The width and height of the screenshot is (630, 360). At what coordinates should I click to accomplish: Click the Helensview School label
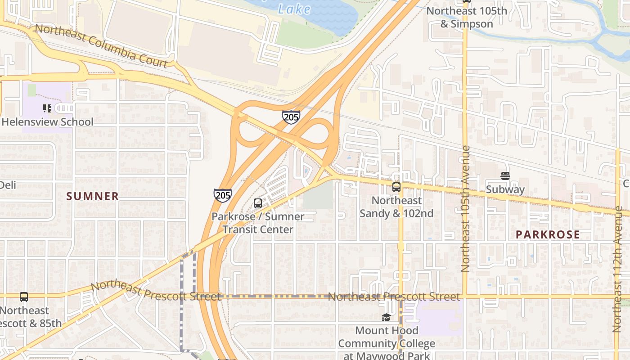[48, 122]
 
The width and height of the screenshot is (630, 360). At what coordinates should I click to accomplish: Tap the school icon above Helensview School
[47, 108]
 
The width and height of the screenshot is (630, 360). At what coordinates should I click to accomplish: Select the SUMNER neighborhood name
[93, 196]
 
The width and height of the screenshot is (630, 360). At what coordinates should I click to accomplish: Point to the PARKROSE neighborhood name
[548, 234]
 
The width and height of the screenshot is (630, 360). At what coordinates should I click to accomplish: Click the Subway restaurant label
[505, 189]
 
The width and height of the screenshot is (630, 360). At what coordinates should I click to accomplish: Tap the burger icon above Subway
[505, 176]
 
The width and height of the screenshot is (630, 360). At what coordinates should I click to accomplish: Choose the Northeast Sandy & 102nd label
[396, 207]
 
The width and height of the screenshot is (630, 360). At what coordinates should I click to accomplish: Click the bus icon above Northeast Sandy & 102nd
[396, 187]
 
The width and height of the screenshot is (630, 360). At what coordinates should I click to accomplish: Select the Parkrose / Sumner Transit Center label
[258, 223]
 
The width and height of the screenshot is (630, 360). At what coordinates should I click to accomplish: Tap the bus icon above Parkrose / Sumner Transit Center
[258, 203]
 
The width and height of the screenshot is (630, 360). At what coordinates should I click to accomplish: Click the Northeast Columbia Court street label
[101, 46]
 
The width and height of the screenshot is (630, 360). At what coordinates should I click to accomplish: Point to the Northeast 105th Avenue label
[465, 208]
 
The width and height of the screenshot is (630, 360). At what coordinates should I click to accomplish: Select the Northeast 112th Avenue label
[618, 269]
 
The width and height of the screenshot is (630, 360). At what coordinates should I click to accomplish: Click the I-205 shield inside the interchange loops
[291, 117]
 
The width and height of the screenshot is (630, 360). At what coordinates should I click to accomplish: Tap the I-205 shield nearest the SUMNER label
[223, 195]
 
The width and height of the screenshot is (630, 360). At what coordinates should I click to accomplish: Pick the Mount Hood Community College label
[387, 343]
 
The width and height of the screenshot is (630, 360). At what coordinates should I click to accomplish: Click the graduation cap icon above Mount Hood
[387, 318]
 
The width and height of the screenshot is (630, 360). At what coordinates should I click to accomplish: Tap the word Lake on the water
[294, 9]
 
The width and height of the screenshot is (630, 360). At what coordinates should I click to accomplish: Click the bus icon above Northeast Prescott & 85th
[24, 297]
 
